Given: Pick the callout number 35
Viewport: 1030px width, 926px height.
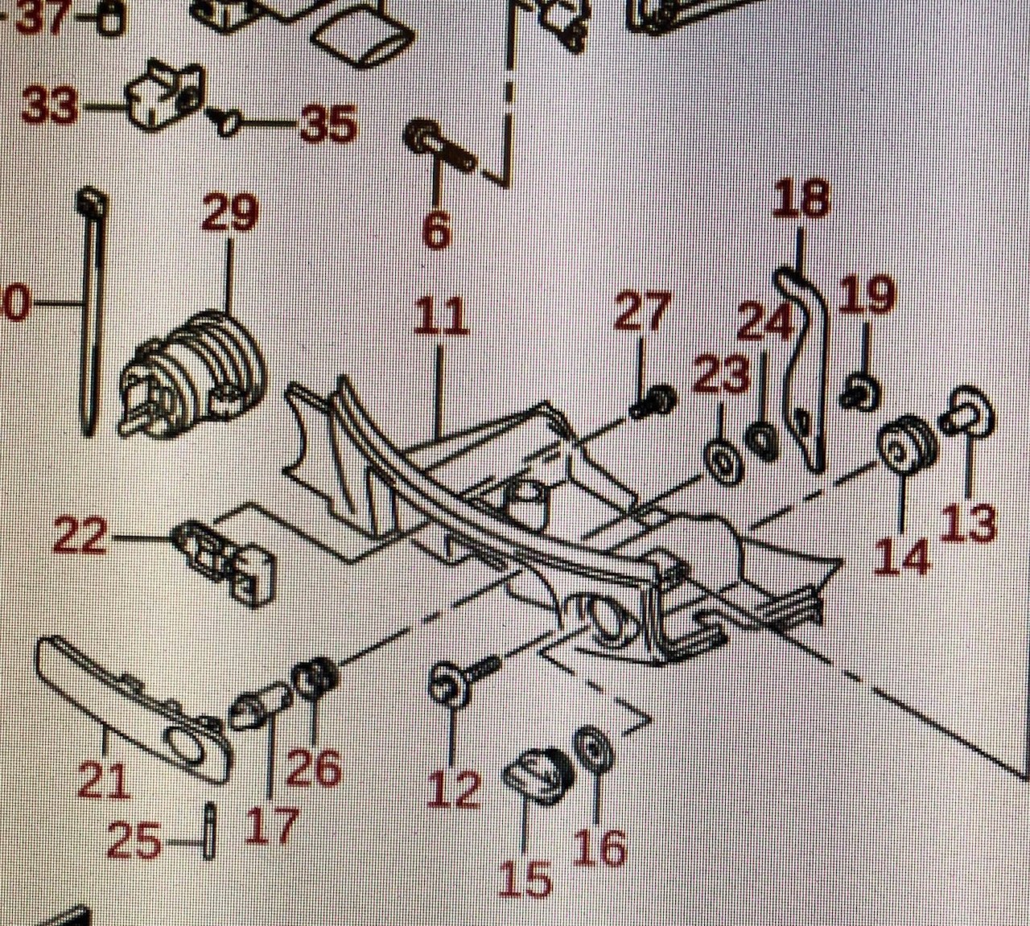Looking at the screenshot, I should click(328, 125).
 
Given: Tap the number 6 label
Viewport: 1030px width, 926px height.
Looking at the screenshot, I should click(435, 228).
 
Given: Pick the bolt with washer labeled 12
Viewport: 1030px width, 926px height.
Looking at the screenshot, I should click(459, 680).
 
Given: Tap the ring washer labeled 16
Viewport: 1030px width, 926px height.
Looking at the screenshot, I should click(595, 751).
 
